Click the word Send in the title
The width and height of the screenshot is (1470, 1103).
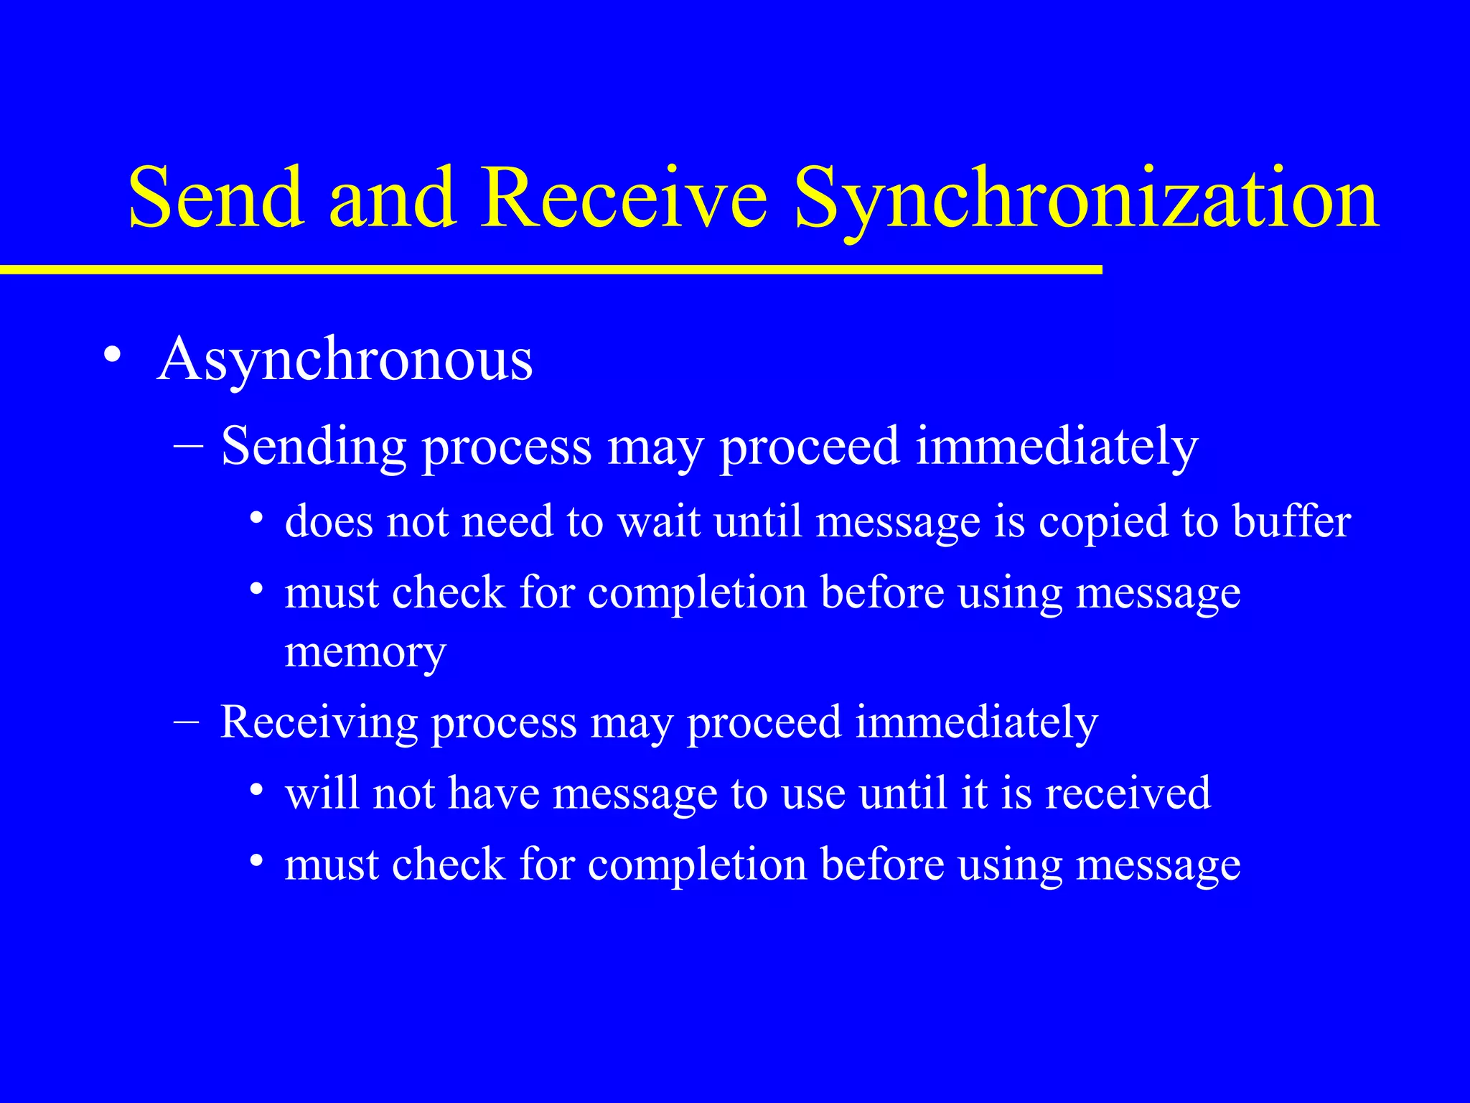(x=215, y=197)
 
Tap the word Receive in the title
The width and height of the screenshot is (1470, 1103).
(x=624, y=197)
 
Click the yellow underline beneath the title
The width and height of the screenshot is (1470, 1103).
(x=551, y=269)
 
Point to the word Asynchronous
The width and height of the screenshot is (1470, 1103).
(x=345, y=359)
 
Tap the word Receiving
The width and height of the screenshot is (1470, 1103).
(x=319, y=722)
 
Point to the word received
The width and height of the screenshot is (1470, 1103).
(x=1128, y=793)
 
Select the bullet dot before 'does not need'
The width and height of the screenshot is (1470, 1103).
(x=256, y=518)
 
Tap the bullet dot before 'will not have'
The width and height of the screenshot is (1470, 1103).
(x=256, y=791)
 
